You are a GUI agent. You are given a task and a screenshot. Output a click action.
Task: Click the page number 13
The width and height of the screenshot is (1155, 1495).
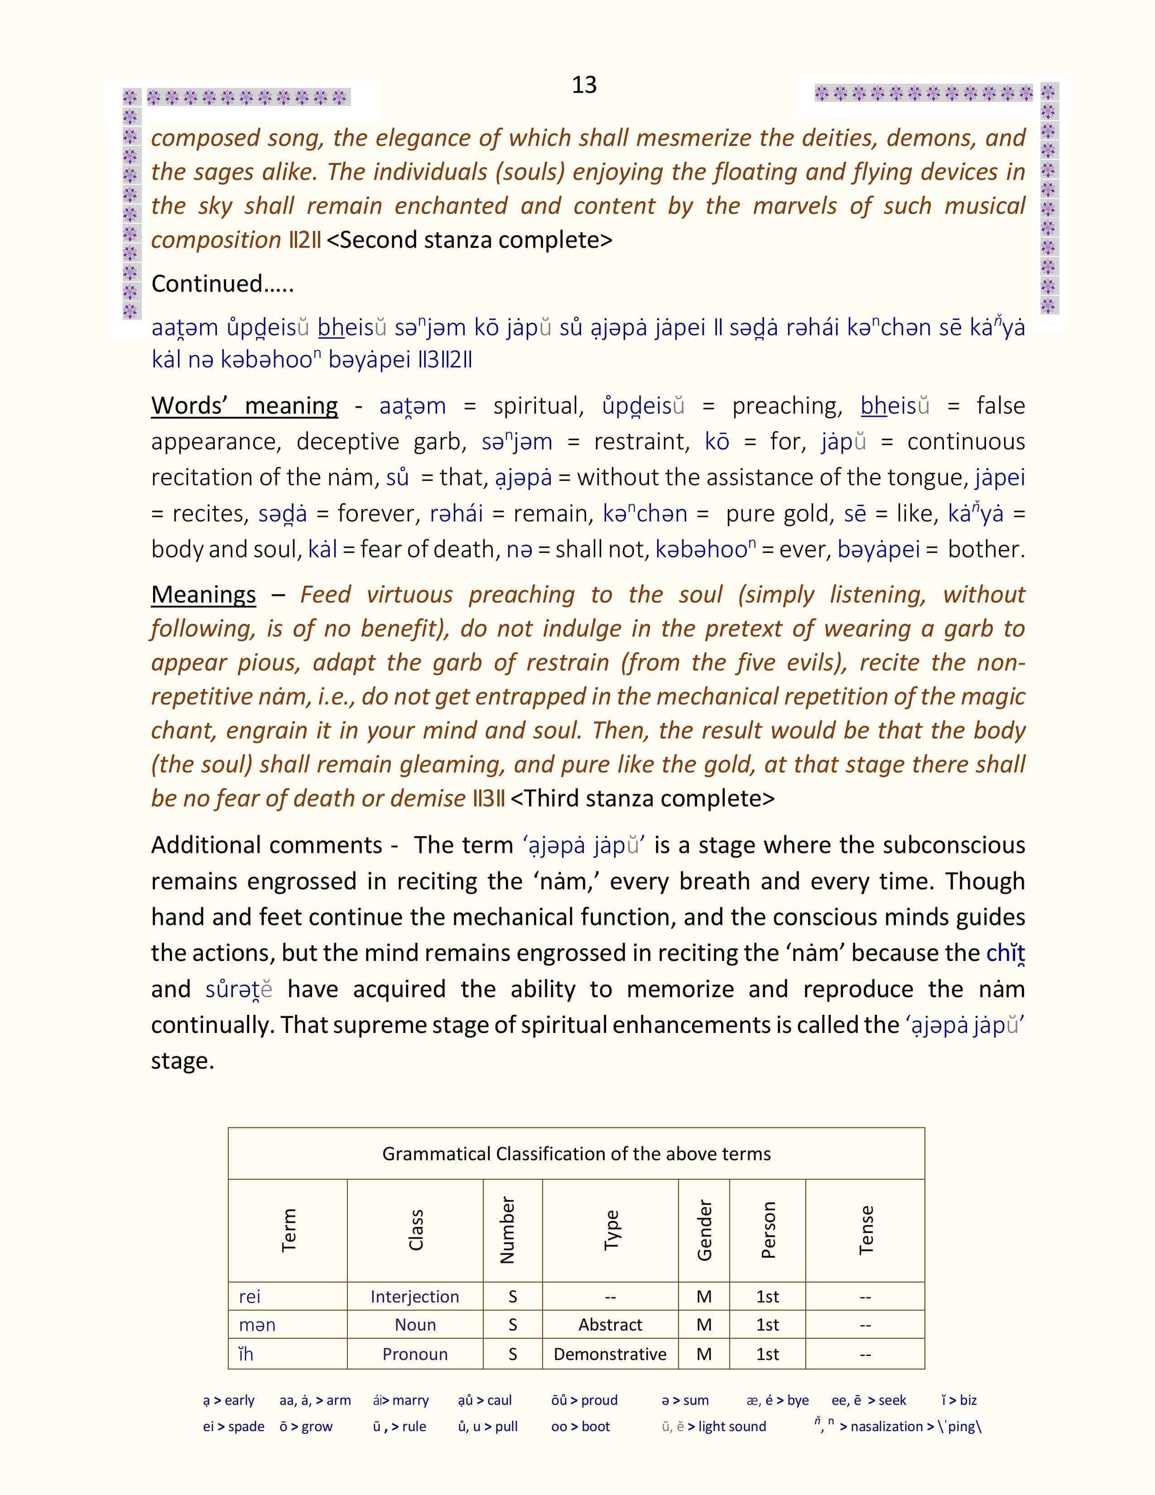click(x=584, y=85)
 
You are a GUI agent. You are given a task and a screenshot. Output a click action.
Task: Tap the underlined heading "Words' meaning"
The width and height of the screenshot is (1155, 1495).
click(x=244, y=405)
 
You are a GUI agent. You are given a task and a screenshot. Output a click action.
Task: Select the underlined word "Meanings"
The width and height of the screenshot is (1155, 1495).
click(x=203, y=594)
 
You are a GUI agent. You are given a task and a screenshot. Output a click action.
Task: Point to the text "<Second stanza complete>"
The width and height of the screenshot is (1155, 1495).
click(x=469, y=240)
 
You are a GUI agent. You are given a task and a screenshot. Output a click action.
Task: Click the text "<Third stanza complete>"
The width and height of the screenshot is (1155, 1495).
click(x=643, y=798)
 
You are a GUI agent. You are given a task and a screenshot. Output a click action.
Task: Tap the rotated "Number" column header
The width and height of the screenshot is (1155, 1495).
click(x=507, y=1230)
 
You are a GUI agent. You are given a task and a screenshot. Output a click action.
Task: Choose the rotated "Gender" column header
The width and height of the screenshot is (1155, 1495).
click(x=704, y=1230)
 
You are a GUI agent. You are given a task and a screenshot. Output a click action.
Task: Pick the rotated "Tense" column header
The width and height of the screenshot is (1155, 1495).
click(x=866, y=1230)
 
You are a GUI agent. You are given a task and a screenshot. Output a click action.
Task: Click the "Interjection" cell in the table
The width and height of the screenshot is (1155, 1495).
click(x=414, y=1297)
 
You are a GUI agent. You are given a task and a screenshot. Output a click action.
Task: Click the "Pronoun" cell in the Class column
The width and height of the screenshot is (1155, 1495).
click(x=414, y=1354)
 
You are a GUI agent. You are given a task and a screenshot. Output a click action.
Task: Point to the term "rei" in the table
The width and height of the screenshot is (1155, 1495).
click(x=250, y=1297)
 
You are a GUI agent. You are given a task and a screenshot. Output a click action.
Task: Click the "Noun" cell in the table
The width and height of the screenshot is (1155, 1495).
click(x=414, y=1325)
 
